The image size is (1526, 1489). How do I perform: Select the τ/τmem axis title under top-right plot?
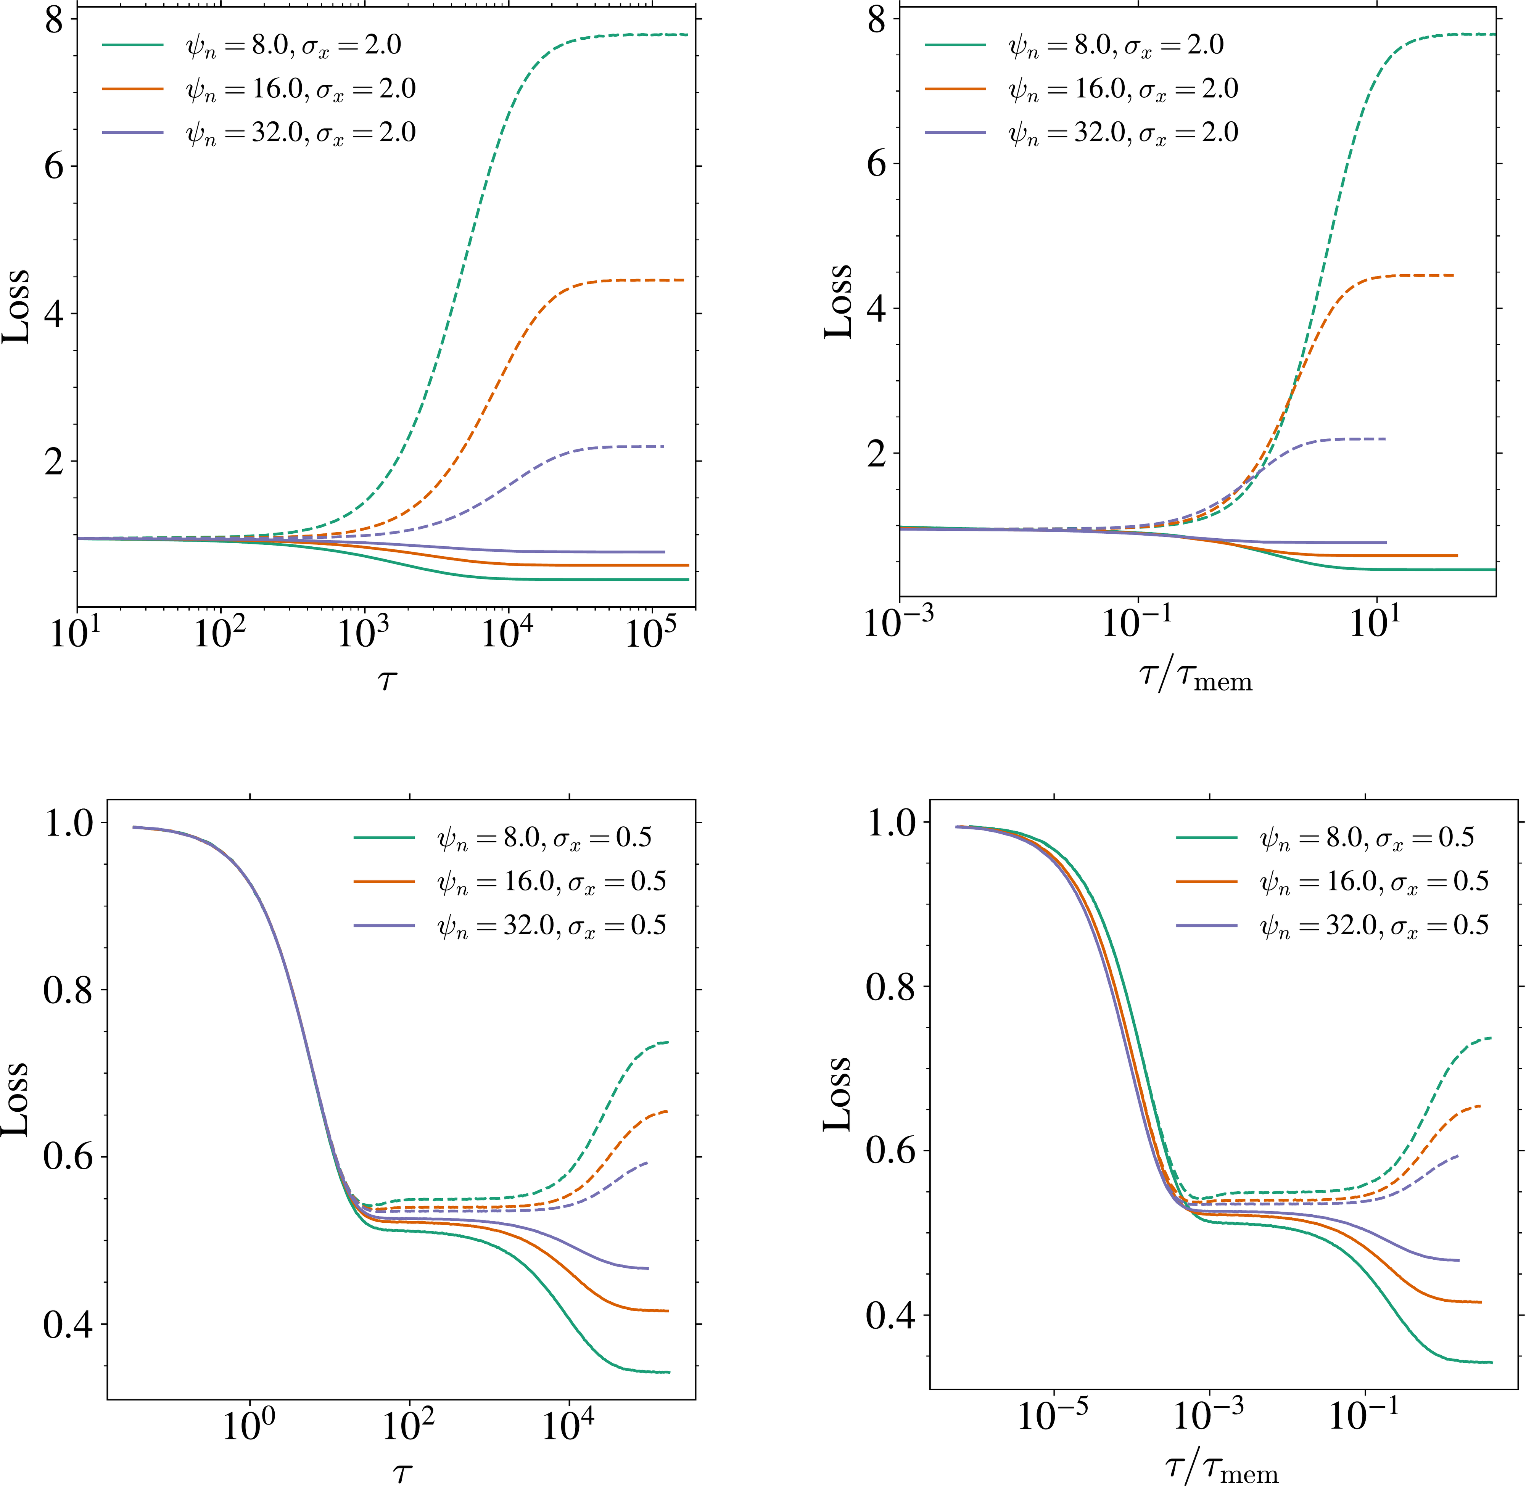pos(1195,677)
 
